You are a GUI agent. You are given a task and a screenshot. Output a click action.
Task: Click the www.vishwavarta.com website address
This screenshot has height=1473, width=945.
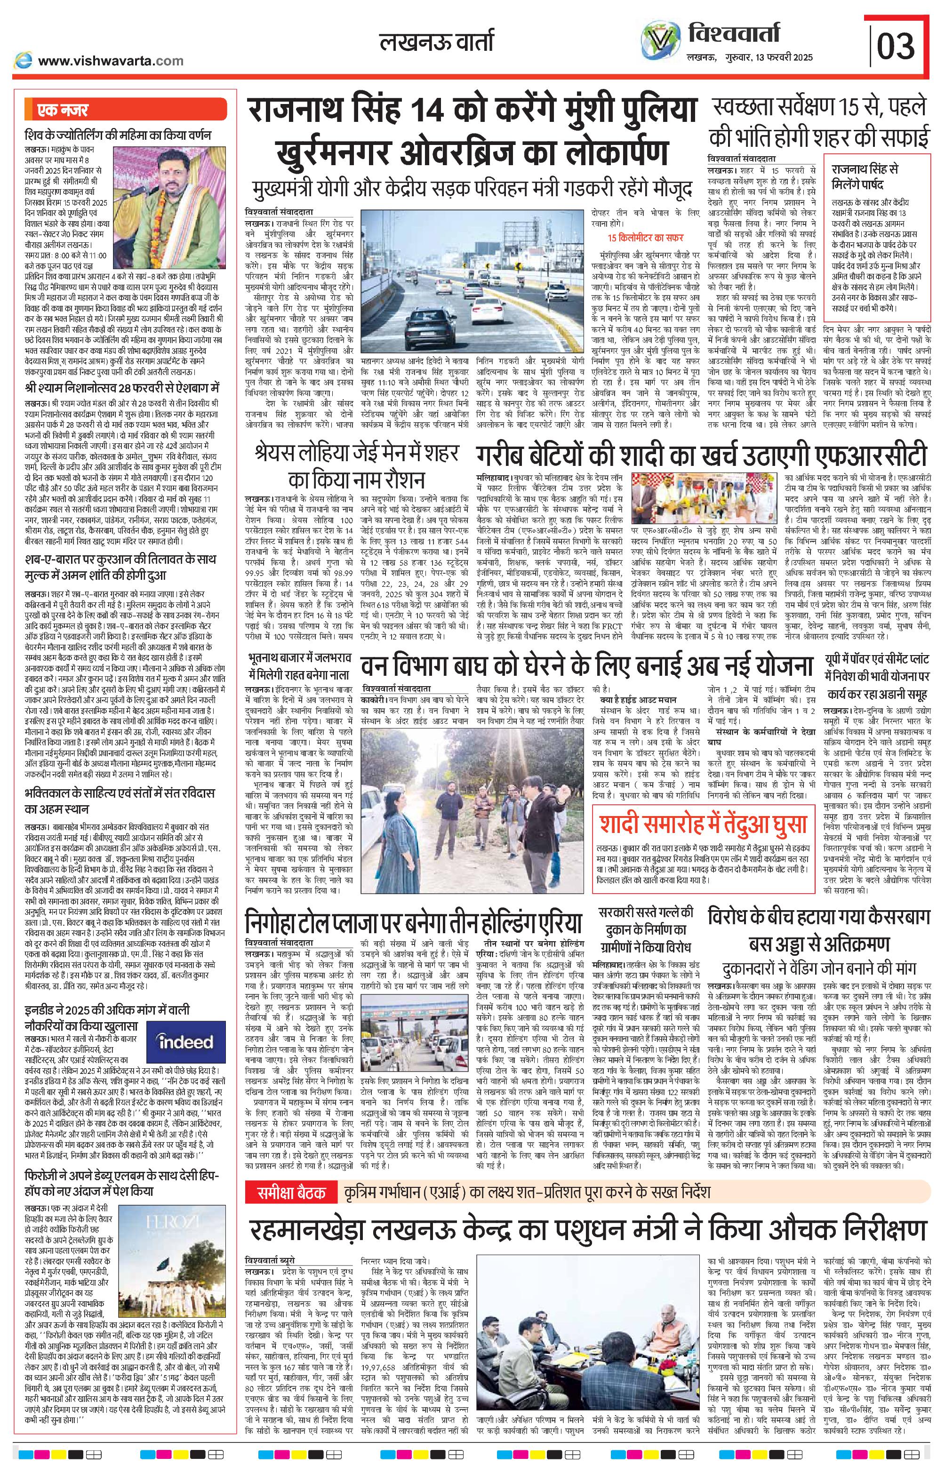[x=111, y=60]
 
